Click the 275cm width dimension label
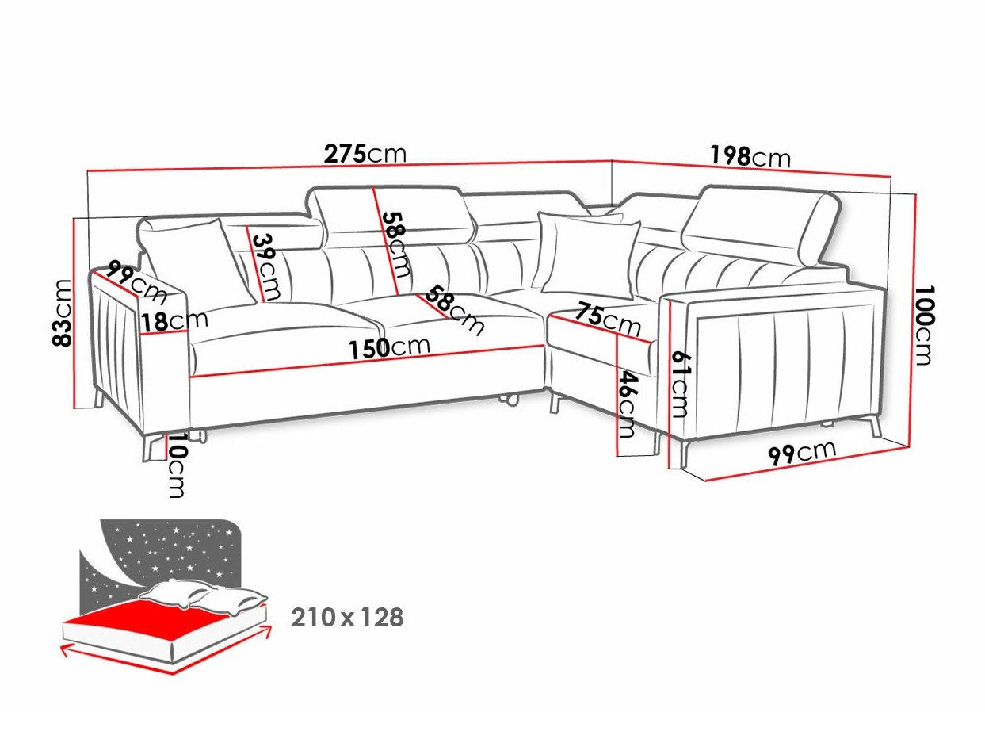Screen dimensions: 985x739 coord(365,154)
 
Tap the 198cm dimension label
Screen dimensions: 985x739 coord(750,157)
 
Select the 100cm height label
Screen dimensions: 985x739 coord(923,324)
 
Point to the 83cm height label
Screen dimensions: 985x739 coord(62,313)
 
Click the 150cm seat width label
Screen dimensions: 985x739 coord(390,347)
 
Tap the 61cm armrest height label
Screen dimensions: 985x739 coord(680,385)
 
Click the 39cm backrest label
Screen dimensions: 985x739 coord(266,266)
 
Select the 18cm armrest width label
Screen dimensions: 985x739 coord(174,321)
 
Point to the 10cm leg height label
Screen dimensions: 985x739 coord(177,465)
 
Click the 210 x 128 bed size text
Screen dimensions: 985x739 coord(347,618)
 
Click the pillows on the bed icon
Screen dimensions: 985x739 coord(204,597)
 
